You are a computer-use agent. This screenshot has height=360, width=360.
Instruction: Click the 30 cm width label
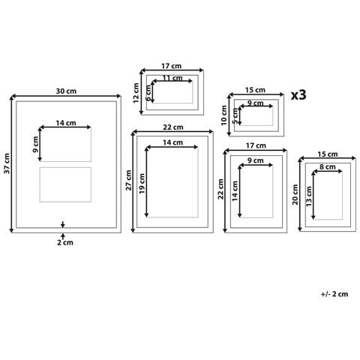point(66,91)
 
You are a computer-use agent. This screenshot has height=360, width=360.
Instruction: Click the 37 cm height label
point(7,163)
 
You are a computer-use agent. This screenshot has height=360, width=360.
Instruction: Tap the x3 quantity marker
point(298,95)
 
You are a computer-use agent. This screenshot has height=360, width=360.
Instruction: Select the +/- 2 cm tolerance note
point(334,294)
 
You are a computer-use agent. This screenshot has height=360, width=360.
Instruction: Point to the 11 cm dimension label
point(172,78)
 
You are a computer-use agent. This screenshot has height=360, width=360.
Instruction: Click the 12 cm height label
point(136,93)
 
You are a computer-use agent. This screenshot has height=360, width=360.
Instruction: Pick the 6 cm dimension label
point(148,93)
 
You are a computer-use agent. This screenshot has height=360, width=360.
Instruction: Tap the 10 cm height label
point(224,115)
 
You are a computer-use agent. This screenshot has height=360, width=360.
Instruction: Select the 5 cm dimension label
point(235,115)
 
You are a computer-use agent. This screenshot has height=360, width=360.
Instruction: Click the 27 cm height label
point(128,180)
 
